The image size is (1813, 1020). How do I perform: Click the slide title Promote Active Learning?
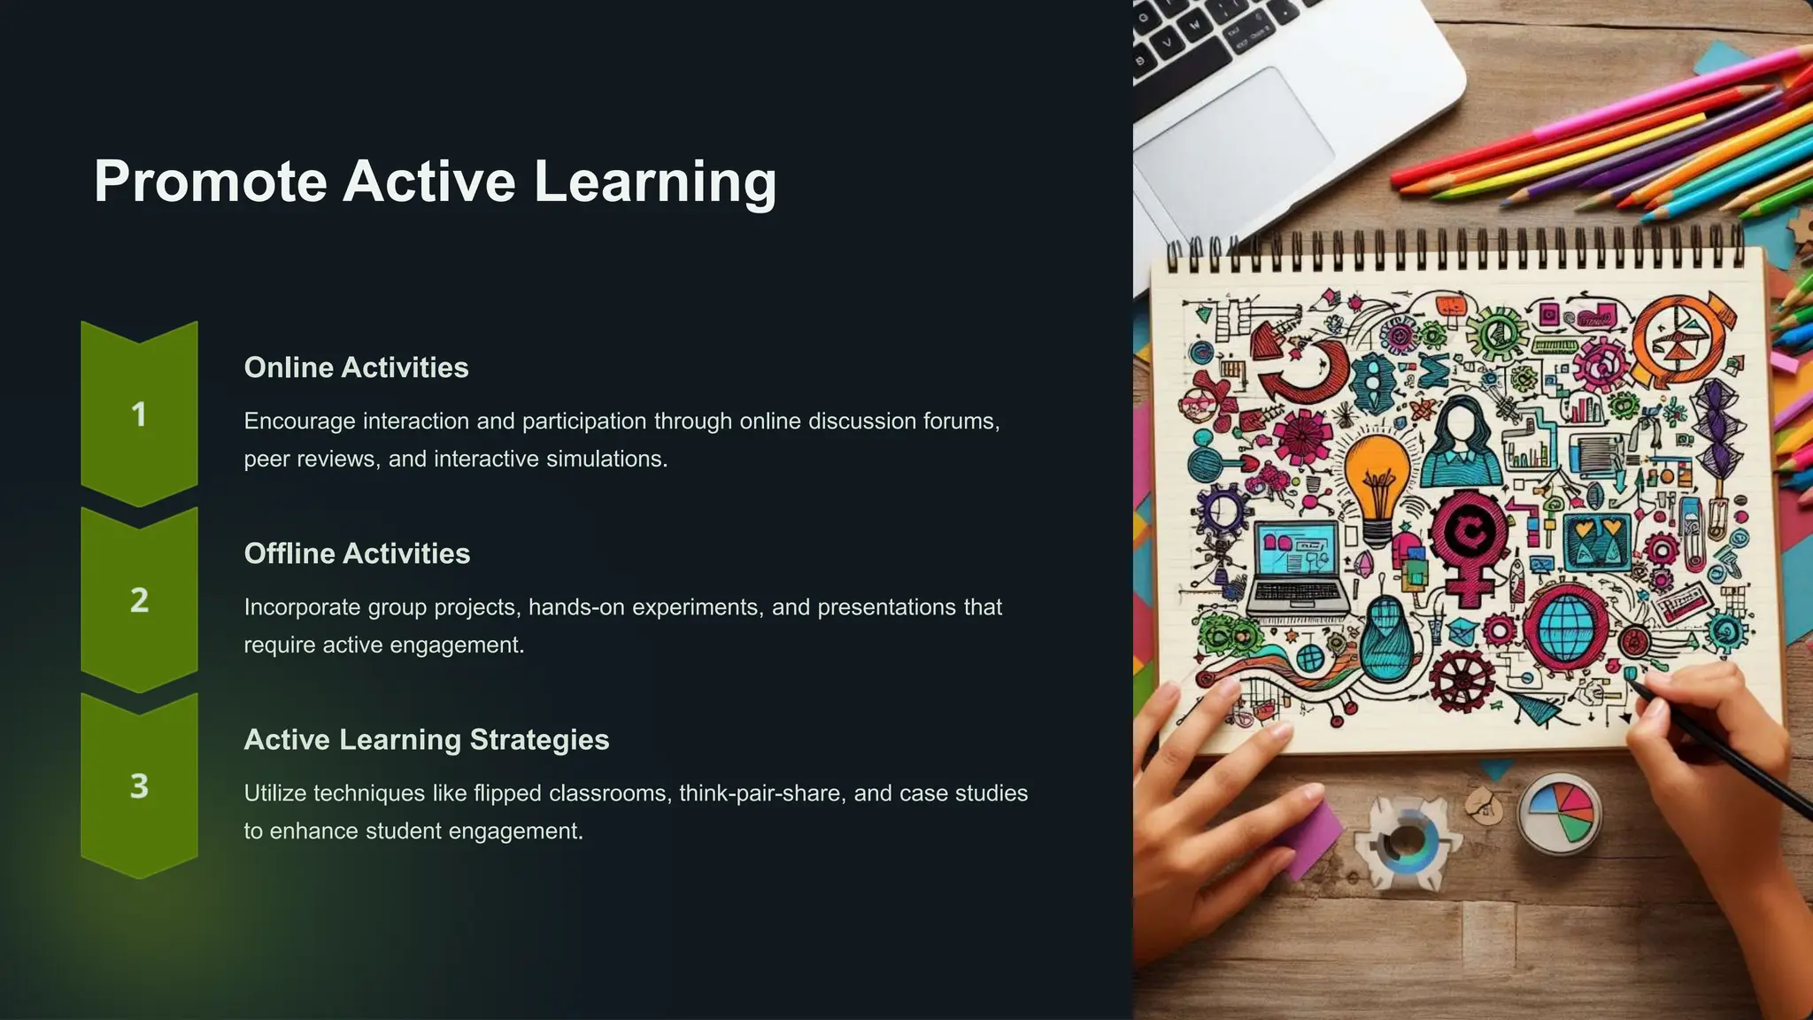(435, 182)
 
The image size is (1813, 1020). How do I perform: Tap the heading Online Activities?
(356, 367)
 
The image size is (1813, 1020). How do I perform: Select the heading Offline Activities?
(357, 553)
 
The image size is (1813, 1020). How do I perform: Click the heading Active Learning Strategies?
(426, 739)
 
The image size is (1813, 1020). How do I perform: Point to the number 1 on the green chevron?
(139, 414)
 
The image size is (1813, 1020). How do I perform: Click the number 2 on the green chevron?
(139, 600)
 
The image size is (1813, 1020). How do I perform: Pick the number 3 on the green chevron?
(139, 786)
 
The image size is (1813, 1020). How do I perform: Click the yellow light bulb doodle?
(1377, 478)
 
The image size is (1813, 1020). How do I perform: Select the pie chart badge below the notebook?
(1560, 811)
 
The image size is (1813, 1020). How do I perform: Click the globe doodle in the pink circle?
(1565, 625)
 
